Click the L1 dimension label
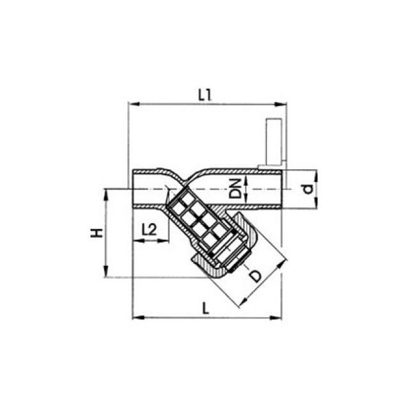pos(205,95)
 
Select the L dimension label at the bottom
pos(206,307)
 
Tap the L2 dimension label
pos(149,229)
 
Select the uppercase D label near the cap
pos(254,276)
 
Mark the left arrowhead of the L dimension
pos(136,317)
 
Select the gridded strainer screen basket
pos(198,221)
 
